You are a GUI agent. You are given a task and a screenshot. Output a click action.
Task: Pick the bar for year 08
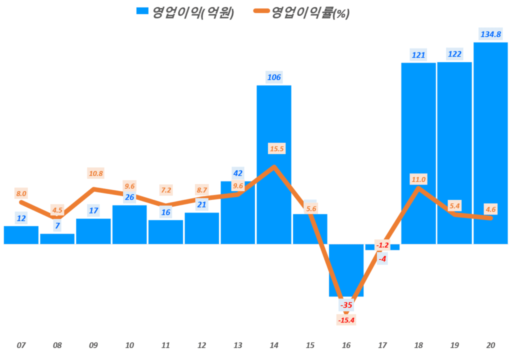pos(57,239)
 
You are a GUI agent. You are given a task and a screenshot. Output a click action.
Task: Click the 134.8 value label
pos(490,34)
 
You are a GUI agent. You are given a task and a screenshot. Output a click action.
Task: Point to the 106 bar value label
pos(274,77)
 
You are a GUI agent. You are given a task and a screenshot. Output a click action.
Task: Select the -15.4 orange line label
pos(346,320)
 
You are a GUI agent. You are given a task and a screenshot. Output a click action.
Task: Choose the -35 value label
pos(345,305)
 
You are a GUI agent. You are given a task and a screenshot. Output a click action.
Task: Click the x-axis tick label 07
pos(21,345)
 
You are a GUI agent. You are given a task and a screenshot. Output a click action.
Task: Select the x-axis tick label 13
pos(237,345)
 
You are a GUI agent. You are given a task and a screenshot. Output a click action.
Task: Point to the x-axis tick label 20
pos(490,345)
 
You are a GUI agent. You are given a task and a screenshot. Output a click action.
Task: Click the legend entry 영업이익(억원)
pos(185,13)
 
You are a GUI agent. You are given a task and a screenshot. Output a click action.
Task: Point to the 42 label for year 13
pos(238,173)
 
